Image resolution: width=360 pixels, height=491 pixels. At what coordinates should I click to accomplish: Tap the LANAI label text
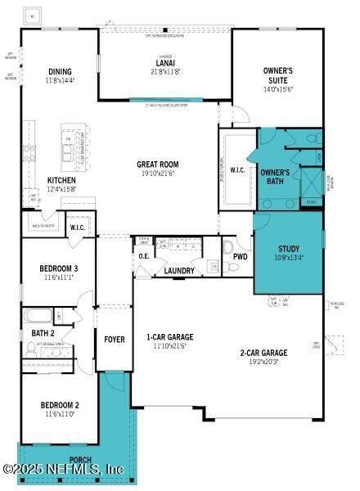[x=164, y=62]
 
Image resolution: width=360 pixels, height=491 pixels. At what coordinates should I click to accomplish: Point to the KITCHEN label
[x=61, y=180]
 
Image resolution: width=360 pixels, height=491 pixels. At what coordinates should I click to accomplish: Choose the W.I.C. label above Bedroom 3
[x=79, y=227]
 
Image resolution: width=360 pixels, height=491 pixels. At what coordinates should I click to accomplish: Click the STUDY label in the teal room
[x=288, y=249]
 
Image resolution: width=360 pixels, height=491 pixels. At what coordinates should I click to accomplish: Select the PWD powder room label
[x=240, y=256]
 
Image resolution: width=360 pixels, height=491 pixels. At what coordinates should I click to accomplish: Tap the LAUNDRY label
[x=178, y=271]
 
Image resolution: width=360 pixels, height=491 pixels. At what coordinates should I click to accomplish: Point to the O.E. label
[x=144, y=256]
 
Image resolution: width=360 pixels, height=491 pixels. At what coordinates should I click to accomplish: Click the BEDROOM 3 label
[x=59, y=268]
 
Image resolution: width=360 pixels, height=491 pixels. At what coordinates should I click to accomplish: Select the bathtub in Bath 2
[x=38, y=315]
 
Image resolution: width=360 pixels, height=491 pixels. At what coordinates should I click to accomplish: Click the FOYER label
[x=114, y=339]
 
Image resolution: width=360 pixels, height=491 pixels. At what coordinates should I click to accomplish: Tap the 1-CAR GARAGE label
[x=169, y=337]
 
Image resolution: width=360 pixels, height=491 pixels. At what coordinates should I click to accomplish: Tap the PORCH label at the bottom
[x=79, y=460]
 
